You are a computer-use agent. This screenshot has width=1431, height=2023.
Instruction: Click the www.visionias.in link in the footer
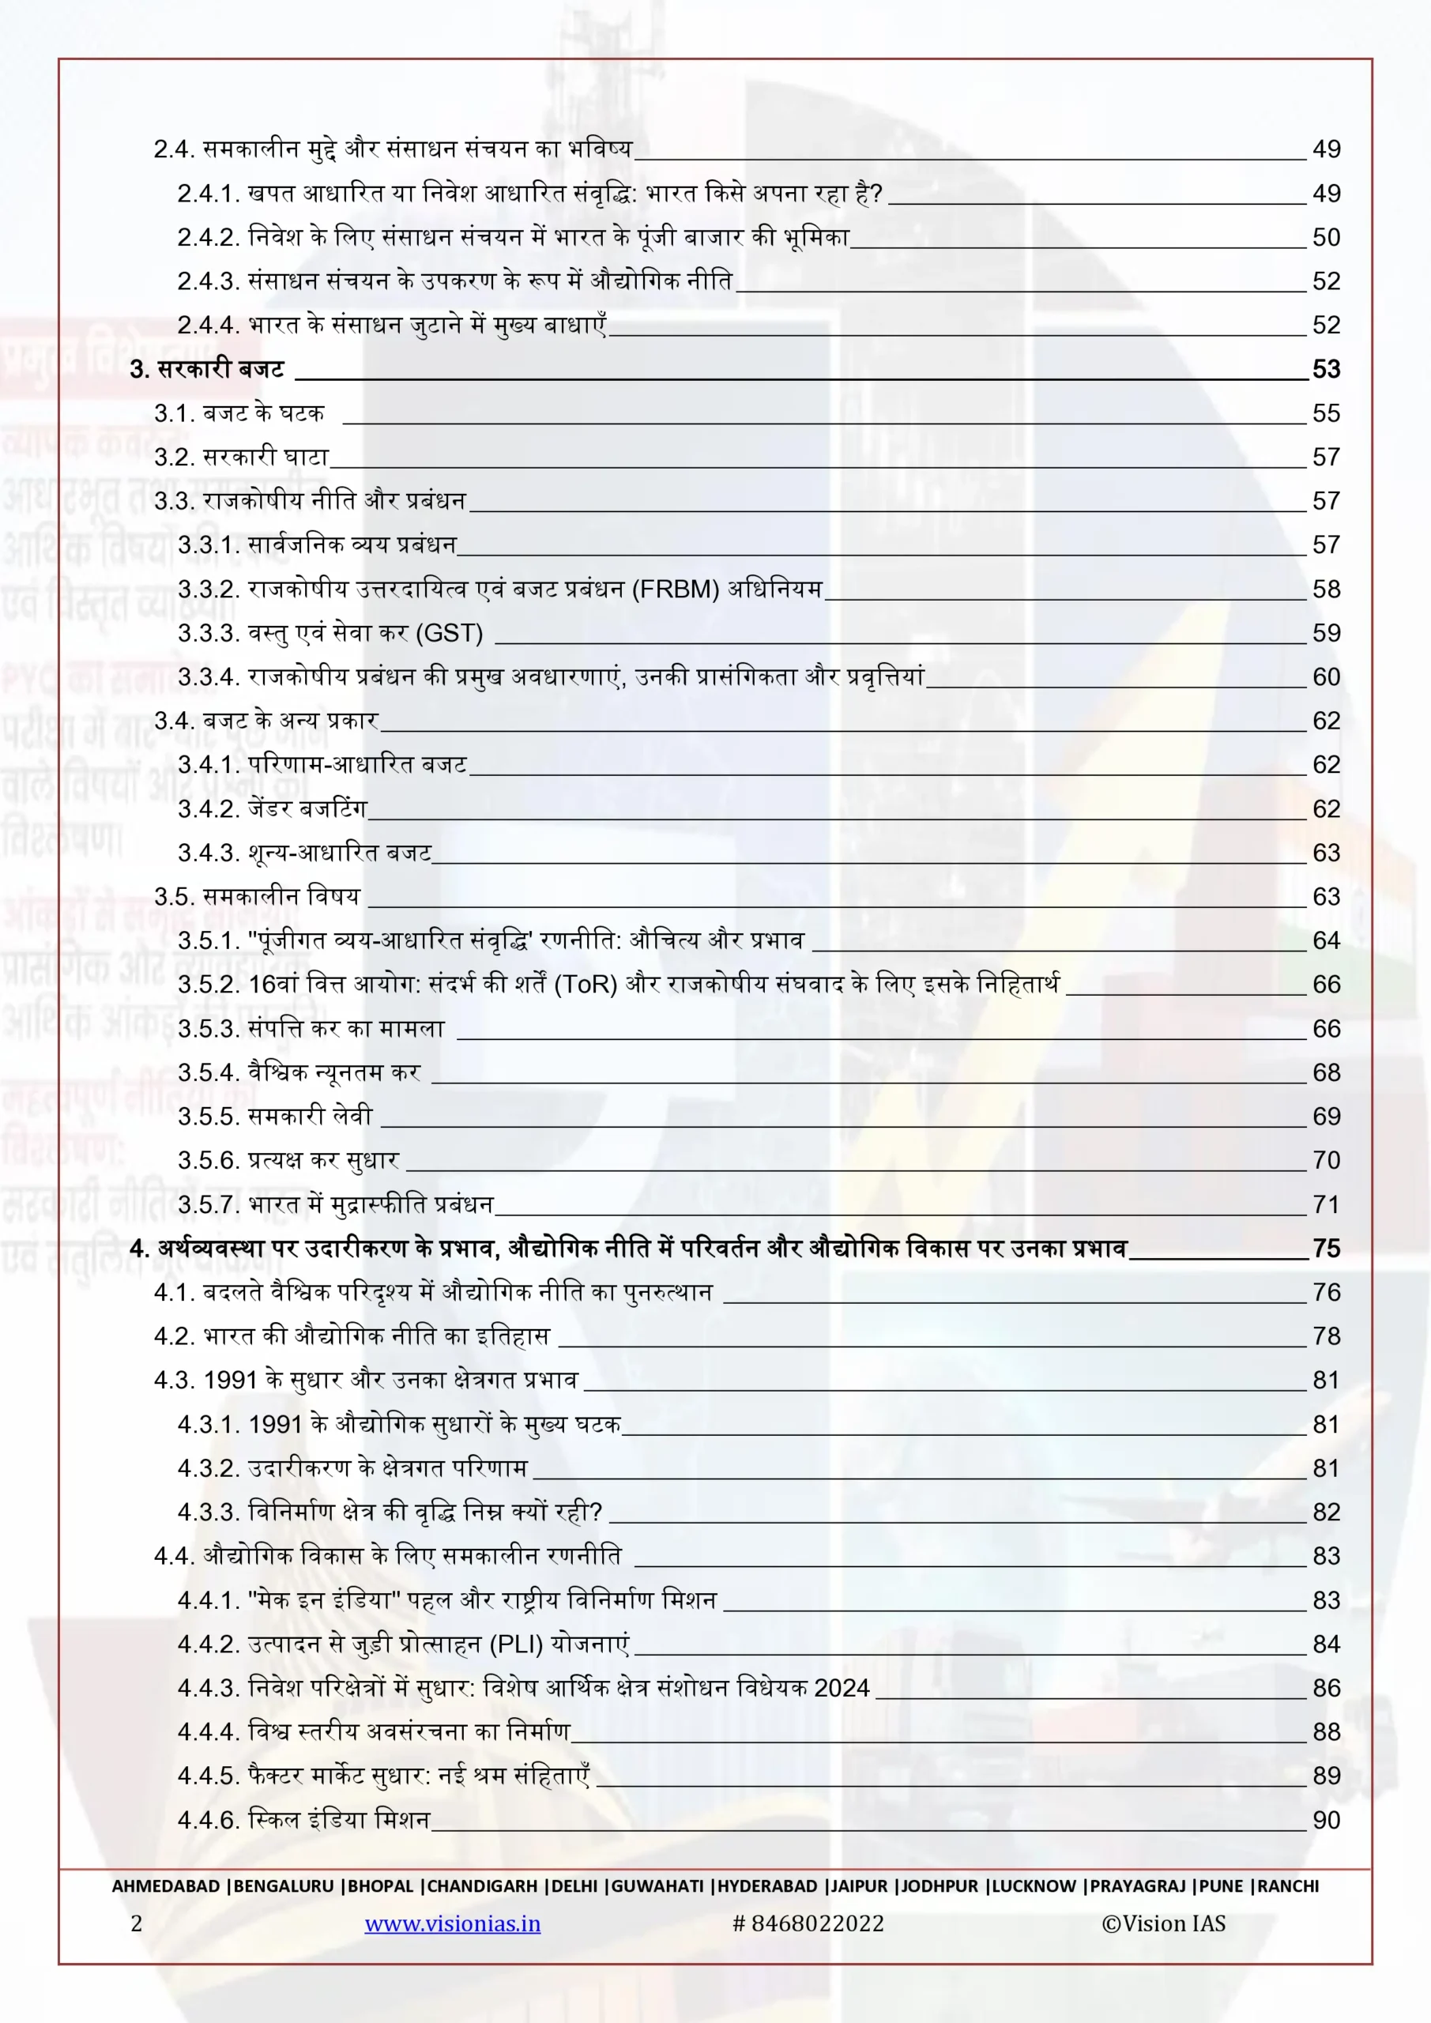pyautogui.click(x=452, y=1923)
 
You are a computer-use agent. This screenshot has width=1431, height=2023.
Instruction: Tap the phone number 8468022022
pyautogui.click(x=817, y=1923)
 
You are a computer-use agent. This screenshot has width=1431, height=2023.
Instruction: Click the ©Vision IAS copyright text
pyautogui.click(x=1163, y=1923)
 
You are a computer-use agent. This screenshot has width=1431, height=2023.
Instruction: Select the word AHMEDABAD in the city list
pyautogui.click(x=166, y=1886)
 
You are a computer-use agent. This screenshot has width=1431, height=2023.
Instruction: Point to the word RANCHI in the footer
pyautogui.click(x=1287, y=1886)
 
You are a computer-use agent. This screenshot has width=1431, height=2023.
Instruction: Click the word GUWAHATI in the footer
pyautogui.click(x=657, y=1886)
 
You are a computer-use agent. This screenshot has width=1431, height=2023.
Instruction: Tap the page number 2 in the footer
pyautogui.click(x=137, y=1923)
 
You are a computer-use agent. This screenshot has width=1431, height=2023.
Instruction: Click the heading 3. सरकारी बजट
pyautogui.click(x=207, y=369)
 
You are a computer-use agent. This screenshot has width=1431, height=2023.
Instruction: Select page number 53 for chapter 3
pyautogui.click(x=1325, y=369)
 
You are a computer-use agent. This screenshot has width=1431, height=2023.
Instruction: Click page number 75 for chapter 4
pyautogui.click(x=1325, y=1249)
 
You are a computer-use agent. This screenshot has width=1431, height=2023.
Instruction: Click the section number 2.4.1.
pyautogui.click(x=208, y=194)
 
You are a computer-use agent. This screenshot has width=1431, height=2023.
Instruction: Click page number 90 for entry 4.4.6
pyautogui.click(x=1325, y=1821)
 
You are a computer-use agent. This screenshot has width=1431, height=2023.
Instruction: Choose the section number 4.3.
pyautogui.click(x=175, y=1381)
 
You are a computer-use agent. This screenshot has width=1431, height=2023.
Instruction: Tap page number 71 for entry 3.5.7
pyautogui.click(x=1325, y=1204)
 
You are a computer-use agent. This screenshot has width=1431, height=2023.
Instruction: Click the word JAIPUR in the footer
pyautogui.click(x=859, y=1886)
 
